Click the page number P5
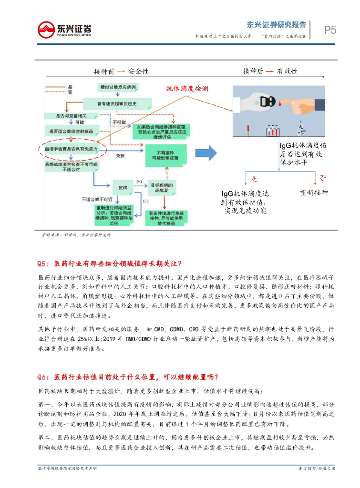(x=330, y=30)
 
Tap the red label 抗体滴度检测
(x=187, y=89)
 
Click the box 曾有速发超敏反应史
(x=117, y=103)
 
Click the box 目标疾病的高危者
(x=163, y=187)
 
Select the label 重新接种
(x=314, y=193)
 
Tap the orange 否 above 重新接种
(x=322, y=178)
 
